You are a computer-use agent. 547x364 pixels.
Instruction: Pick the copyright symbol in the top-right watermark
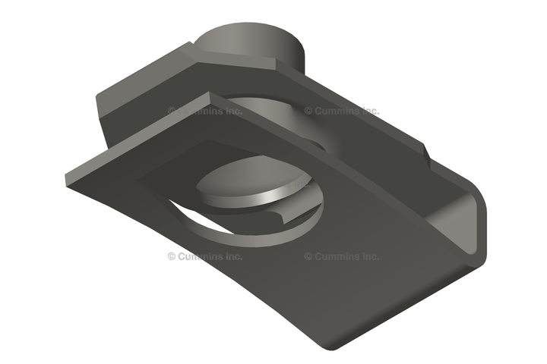[308, 111]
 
